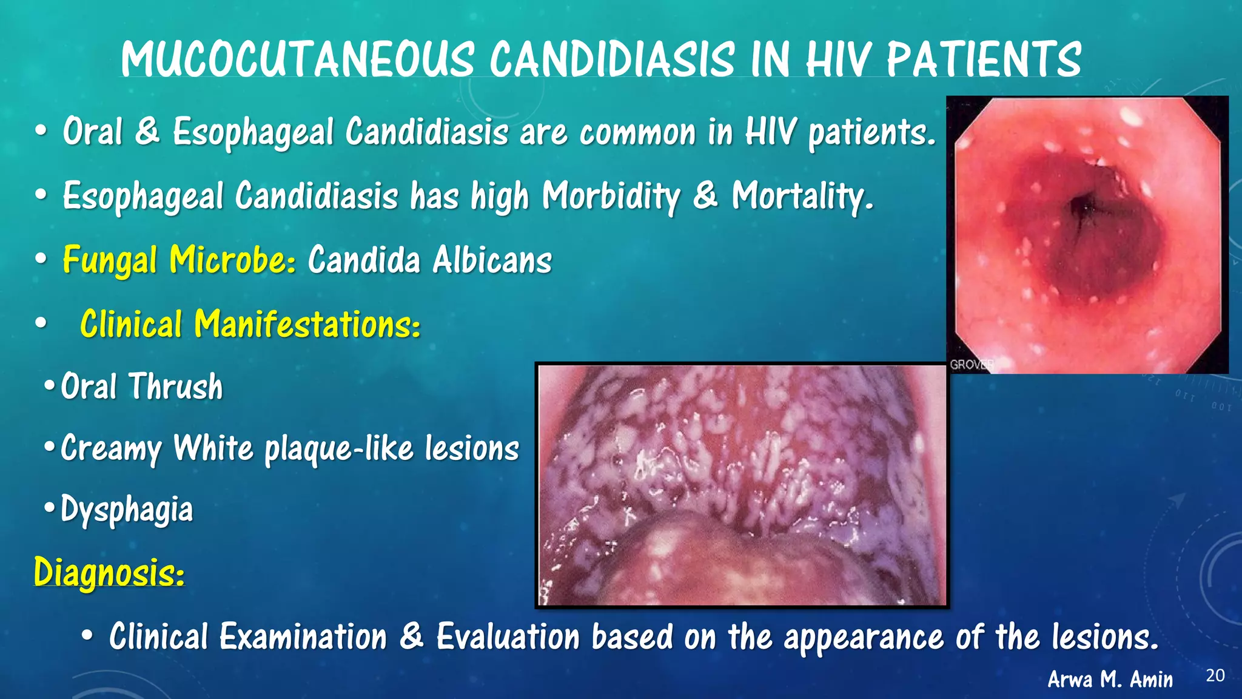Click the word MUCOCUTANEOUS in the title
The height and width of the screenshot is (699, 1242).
click(x=297, y=59)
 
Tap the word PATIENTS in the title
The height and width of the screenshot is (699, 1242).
click(x=983, y=59)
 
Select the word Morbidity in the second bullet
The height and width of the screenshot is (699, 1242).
click(x=611, y=196)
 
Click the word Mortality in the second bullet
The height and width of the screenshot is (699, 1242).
click(x=802, y=196)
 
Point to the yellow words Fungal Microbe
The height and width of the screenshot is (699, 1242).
click(x=179, y=260)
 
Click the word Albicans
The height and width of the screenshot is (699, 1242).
click(x=492, y=260)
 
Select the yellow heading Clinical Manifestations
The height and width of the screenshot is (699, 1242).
click(x=250, y=324)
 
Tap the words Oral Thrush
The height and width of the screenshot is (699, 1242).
click(x=142, y=387)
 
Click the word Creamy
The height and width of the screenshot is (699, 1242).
click(x=111, y=449)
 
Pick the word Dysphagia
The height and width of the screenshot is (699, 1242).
click(x=127, y=510)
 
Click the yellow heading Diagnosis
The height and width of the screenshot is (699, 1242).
click(x=109, y=572)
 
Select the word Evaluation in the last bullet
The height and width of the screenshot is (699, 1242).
click(x=508, y=637)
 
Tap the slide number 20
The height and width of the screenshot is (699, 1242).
click(x=1215, y=675)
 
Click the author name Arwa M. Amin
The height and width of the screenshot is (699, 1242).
click(x=1110, y=679)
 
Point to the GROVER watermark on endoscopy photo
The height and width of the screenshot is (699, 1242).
click(x=971, y=365)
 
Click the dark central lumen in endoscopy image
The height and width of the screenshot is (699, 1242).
click(x=1083, y=209)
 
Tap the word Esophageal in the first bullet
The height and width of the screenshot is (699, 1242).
click(x=253, y=132)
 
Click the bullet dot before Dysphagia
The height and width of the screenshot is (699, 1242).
click(x=49, y=507)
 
